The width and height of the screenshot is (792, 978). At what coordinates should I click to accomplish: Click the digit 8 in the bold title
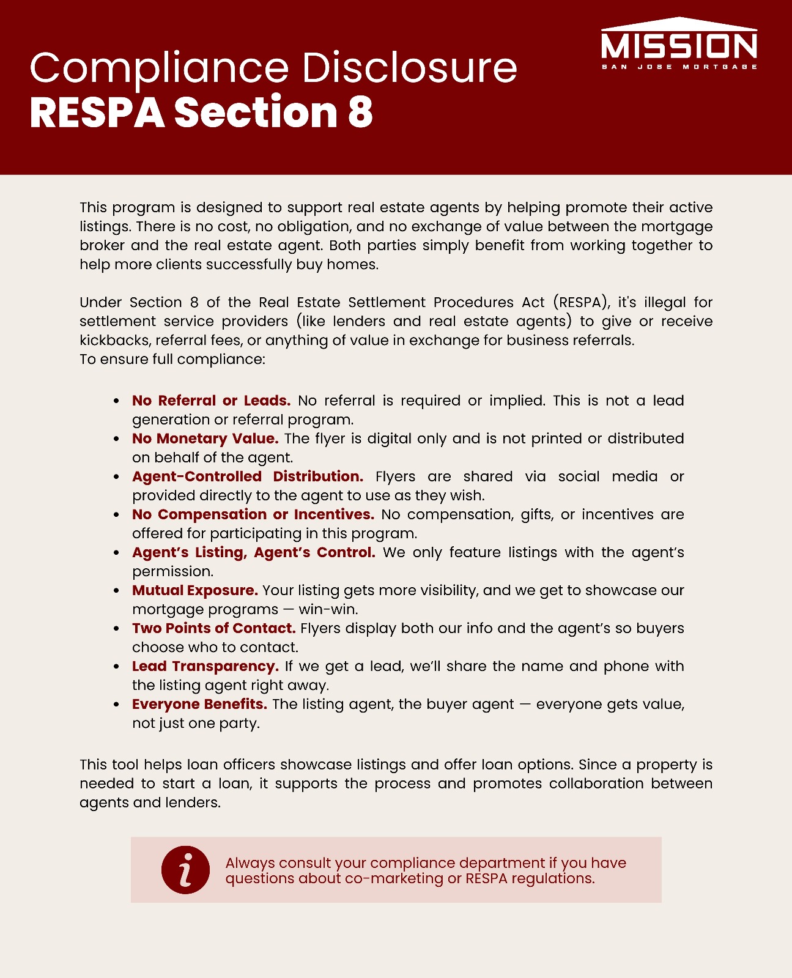360,113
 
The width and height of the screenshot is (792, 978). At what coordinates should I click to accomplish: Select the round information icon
185,870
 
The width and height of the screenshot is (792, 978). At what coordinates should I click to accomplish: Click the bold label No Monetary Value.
205,439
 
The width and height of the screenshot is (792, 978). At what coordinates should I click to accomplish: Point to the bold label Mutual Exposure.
194,590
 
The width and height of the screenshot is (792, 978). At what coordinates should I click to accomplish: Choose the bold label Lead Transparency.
205,666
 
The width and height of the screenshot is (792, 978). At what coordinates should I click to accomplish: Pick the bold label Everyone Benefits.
199,704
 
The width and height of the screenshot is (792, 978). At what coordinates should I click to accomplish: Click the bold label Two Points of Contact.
213,628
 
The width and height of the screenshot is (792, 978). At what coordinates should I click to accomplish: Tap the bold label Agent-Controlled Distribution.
247,476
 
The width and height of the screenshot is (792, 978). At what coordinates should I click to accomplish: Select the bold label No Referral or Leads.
211,401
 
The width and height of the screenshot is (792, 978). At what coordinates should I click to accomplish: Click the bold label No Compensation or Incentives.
253,514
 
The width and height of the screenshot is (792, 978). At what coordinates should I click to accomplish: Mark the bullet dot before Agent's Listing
116,553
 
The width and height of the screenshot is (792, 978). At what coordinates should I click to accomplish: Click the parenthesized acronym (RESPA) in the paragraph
581,302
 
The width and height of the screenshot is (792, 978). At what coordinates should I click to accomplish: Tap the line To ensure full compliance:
172,359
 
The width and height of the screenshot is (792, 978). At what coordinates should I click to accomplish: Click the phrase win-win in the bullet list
328,609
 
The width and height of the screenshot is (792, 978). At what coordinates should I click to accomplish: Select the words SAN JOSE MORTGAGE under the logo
679,67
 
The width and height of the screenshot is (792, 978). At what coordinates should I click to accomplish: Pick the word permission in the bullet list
172,571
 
